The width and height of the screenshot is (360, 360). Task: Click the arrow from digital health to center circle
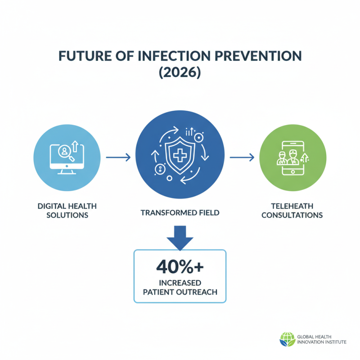point(118,157)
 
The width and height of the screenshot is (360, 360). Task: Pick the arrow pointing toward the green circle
point(242,157)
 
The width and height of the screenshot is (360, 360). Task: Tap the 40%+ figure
point(180,267)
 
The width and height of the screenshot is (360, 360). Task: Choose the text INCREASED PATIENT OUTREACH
point(180,287)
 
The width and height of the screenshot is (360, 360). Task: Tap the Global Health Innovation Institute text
point(321,339)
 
